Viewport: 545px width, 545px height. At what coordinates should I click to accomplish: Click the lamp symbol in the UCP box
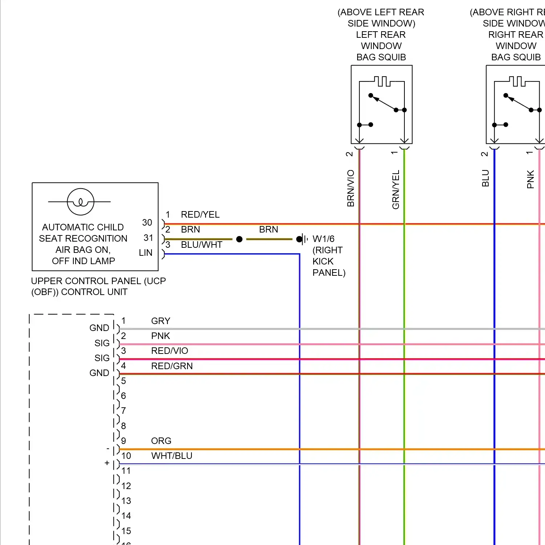pos(80,202)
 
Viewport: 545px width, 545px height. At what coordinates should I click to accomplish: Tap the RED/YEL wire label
pos(200,215)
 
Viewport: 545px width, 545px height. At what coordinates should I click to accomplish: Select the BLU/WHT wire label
pos(201,245)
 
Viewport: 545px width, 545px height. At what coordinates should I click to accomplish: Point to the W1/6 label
pos(323,239)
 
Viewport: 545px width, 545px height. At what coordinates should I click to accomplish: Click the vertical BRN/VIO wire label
pos(351,188)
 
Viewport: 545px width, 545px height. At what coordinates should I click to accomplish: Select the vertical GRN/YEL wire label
pos(396,189)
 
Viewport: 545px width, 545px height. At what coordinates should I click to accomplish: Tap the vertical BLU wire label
pos(485,178)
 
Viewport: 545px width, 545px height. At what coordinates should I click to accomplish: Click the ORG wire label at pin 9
pos(161,441)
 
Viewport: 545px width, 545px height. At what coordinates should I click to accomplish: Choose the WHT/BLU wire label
pos(171,456)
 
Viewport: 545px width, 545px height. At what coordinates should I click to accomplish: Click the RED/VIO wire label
pos(169,351)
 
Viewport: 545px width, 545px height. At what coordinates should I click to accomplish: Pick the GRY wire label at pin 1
pos(161,321)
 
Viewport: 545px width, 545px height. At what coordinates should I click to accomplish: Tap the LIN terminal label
pos(145,253)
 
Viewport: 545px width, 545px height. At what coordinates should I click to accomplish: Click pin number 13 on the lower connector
pos(126,501)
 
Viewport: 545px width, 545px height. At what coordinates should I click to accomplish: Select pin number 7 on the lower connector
pos(124,411)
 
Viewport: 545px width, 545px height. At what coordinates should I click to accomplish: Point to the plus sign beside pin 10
pos(107,463)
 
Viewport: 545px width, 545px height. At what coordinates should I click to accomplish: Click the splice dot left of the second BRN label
pos(239,239)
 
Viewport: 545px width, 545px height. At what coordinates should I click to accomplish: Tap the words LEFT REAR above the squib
pos(381,35)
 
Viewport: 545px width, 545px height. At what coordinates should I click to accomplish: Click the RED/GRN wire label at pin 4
pos(172,366)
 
